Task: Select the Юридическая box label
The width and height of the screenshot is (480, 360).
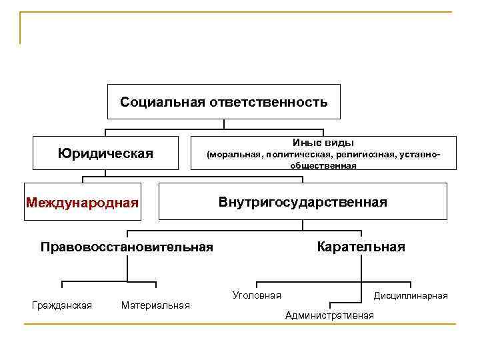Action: [x=105, y=153]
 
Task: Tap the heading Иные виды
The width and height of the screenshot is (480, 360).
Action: [x=323, y=143]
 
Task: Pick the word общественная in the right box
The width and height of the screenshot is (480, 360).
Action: [x=323, y=165]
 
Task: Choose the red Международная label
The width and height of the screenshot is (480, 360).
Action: [x=83, y=202]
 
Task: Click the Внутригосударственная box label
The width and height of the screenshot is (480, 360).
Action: [x=303, y=202]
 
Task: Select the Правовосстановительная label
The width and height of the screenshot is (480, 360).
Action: [x=127, y=247]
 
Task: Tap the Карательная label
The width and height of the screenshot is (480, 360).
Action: [x=361, y=247]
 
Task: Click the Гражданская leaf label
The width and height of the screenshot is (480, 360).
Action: [x=62, y=305]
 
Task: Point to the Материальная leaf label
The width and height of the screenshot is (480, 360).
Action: [x=155, y=305]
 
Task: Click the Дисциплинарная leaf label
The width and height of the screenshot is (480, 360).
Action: [x=411, y=295]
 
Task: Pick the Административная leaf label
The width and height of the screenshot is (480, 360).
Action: [x=329, y=315]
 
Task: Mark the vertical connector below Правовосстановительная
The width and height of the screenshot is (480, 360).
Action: [x=127, y=268]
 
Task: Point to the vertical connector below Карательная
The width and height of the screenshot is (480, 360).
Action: [x=361, y=268]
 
